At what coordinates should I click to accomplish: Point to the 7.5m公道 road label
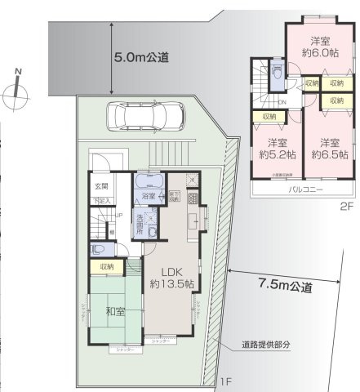coord(285,286)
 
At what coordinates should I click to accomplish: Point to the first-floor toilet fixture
coord(98,251)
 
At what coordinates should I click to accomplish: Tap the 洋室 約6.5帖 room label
coord(327,146)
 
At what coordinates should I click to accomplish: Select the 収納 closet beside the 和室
coord(106,265)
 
